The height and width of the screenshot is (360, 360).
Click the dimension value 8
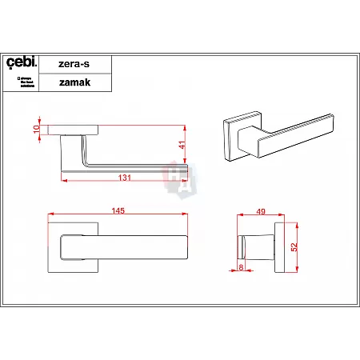click(x=240, y=268)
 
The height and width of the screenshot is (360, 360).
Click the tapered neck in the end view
click(x=258, y=243)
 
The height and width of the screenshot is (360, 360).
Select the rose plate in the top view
click(x=74, y=130)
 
